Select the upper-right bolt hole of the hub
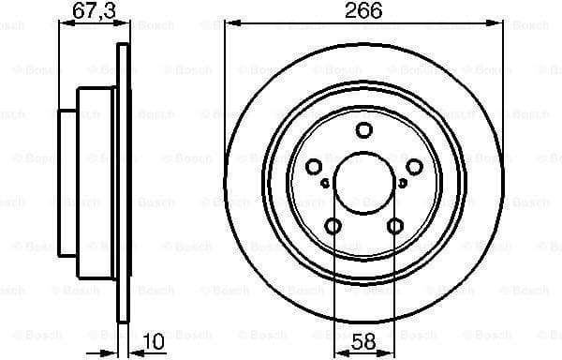click(x=416, y=167)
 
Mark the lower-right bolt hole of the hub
click(x=396, y=225)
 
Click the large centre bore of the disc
click(x=365, y=182)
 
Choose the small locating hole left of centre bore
click(x=325, y=183)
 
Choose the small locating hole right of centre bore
click(x=406, y=183)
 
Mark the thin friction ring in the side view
click(x=122, y=182)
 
